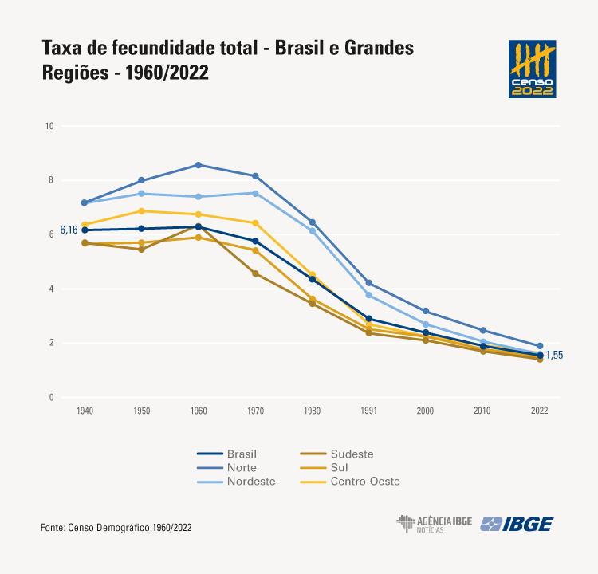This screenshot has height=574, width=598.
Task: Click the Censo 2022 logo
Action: click(x=532, y=69)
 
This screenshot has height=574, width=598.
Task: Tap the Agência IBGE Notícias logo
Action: click(x=435, y=524)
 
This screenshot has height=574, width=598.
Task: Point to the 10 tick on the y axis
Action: click(x=49, y=126)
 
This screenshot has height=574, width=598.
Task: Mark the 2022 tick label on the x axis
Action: click(x=540, y=411)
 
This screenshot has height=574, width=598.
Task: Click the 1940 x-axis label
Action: click(x=85, y=411)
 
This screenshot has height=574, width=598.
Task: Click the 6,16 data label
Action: click(x=69, y=230)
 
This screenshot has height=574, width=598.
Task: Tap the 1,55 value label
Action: click(x=554, y=356)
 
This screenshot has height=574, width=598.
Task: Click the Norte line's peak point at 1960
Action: click(x=199, y=165)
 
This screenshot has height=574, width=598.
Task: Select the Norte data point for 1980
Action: click(x=313, y=222)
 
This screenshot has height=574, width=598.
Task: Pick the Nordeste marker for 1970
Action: click(x=255, y=193)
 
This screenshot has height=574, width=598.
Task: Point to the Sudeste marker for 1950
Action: click(x=141, y=250)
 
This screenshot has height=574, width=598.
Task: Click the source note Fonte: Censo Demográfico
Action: click(x=116, y=528)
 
